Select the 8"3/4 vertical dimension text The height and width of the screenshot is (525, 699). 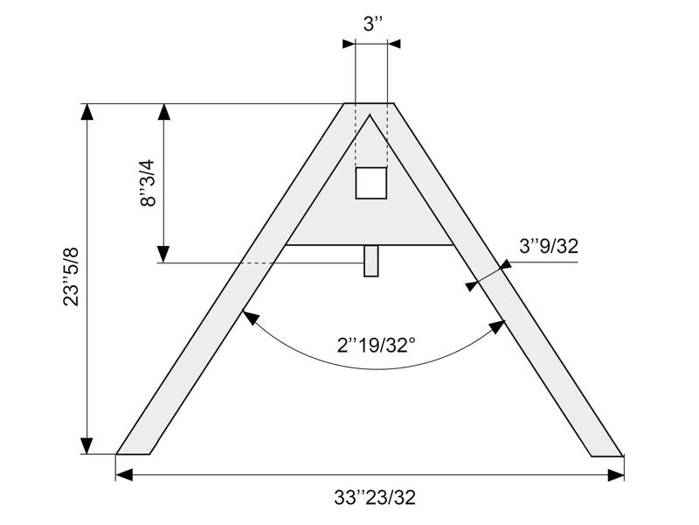coord(149,183)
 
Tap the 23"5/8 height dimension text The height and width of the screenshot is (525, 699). coord(71,276)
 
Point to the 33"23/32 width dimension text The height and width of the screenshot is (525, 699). coord(375,497)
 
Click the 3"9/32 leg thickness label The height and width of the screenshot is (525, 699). coord(549,247)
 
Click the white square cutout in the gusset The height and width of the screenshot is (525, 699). coord(370,183)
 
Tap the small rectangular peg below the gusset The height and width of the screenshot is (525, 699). coord(370,261)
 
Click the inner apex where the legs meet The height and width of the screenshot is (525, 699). coord(370,115)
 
